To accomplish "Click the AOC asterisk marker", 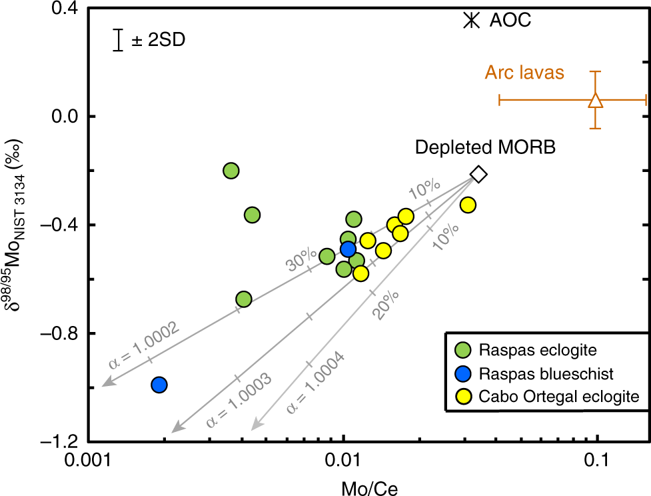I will pyautogui.click(x=472, y=20).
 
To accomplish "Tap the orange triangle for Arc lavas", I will pyautogui.click(x=596, y=101).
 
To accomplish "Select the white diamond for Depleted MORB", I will pyautogui.click(x=478, y=174).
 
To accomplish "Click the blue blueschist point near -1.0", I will pyautogui.click(x=159, y=385).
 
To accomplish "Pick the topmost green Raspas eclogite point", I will pyautogui.click(x=231, y=171).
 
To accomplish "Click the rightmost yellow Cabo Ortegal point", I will pyautogui.click(x=468, y=205).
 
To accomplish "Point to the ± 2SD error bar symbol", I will pyautogui.click(x=118, y=40).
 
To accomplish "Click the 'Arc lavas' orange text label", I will pyautogui.click(x=524, y=73).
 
